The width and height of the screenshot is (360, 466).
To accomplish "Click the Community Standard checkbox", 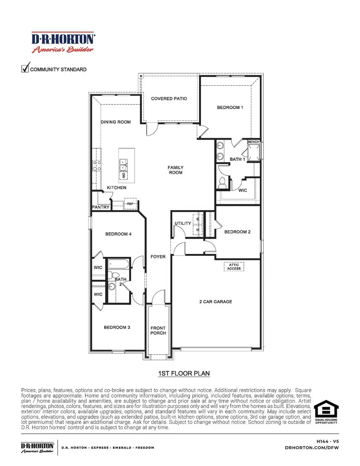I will (25, 69).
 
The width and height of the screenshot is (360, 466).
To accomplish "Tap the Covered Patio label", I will (169, 98).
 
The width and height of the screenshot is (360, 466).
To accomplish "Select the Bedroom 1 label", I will (230, 107).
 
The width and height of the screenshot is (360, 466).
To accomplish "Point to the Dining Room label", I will (116, 122).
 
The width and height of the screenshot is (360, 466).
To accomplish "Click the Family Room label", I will (176, 170).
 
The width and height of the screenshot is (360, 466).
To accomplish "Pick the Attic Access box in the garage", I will (234, 266).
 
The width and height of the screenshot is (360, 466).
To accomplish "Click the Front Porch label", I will (158, 330).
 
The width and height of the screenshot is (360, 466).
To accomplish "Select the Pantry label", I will (100, 207).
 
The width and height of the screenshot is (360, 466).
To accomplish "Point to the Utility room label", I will (183, 224).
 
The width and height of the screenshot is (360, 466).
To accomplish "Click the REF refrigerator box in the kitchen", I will (130, 204).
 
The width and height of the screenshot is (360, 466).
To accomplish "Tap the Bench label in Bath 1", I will (254, 142).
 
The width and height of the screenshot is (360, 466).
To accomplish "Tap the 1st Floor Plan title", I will (184, 373).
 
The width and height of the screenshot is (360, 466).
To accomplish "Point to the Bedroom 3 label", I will (117, 327).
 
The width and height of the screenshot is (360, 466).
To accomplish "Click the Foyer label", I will (158, 256).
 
